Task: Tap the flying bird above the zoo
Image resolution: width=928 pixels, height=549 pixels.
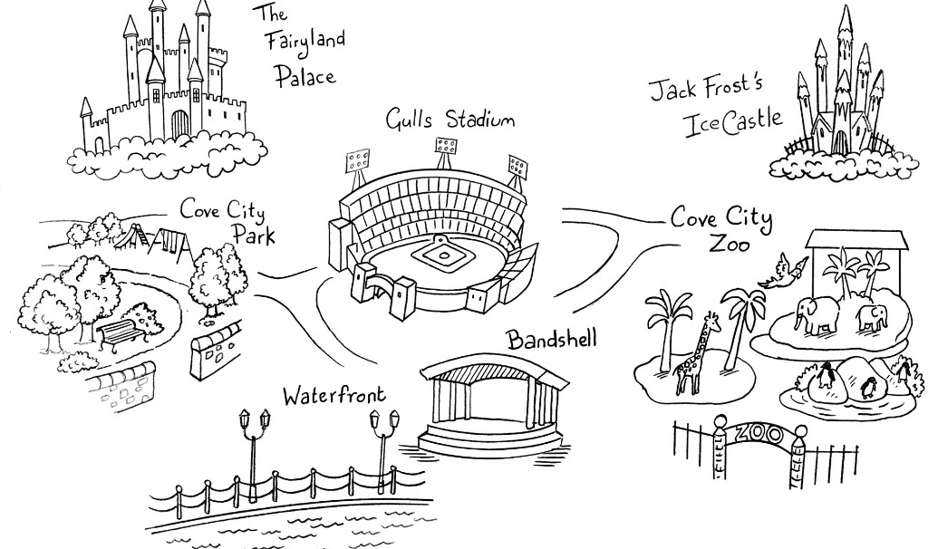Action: coord(785,270)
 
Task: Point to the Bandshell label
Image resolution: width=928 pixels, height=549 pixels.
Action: coord(552,340)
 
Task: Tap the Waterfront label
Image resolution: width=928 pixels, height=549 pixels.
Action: coord(333,395)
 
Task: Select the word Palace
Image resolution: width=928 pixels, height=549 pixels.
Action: coord(305,75)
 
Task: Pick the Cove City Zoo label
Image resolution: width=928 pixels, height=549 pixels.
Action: coord(721,230)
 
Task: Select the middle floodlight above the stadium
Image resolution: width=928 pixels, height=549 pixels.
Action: coord(446,149)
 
